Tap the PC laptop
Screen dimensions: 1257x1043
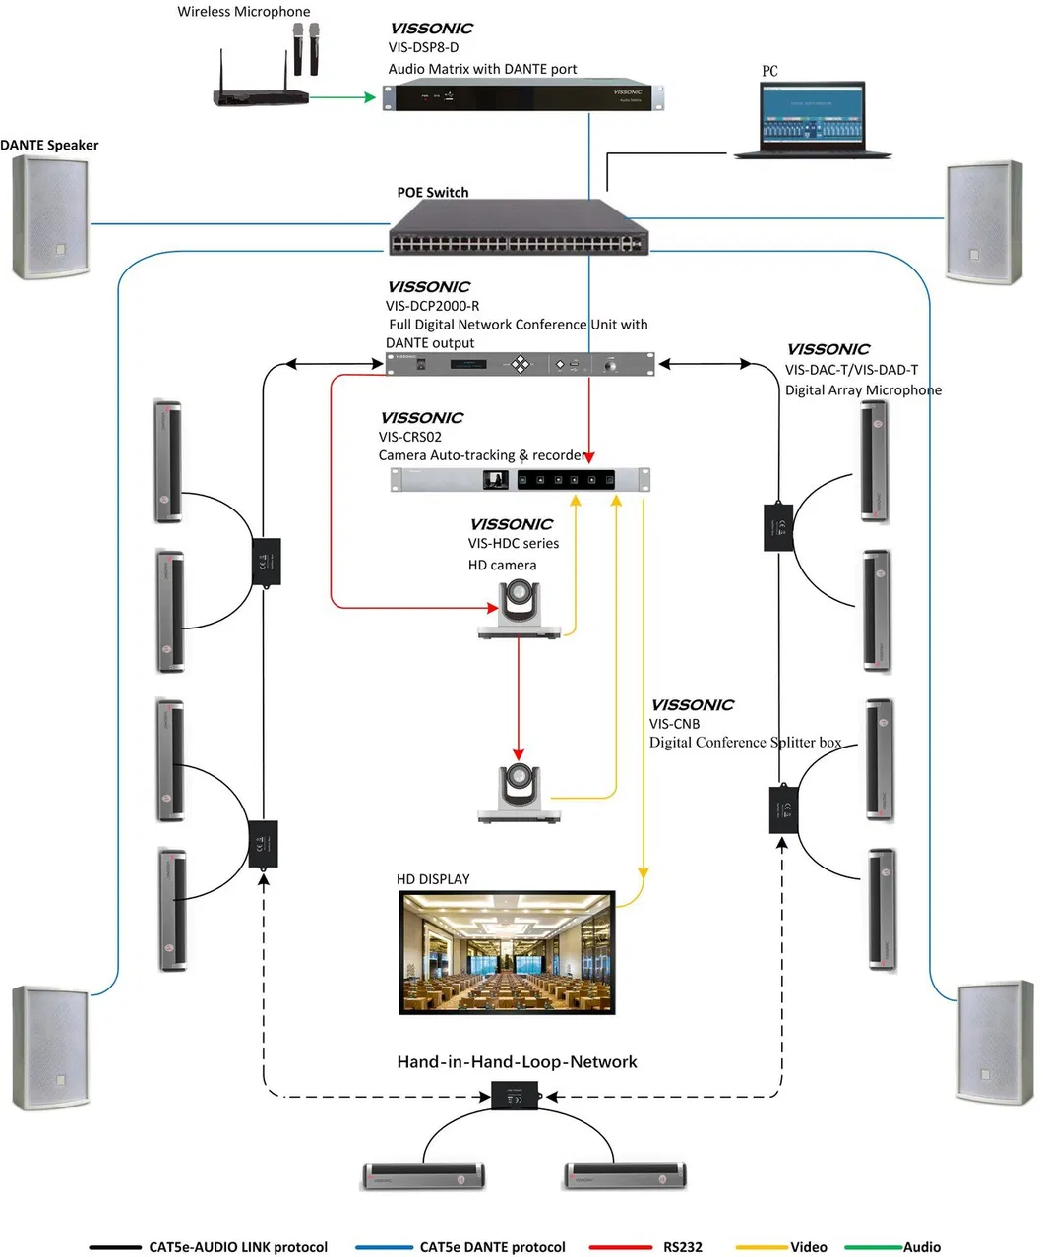pyautogui.click(x=813, y=120)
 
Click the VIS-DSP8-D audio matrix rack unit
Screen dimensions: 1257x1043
pyautogui.click(x=524, y=95)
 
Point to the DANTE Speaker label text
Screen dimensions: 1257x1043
pyautogui.click(x=50, y=146)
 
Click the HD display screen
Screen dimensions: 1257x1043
pyautogui.click(x=507, y=952)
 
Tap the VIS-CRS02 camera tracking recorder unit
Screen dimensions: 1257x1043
pyautogui.click(x=521, y=479)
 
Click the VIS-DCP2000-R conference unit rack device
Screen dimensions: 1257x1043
pyautogui.click(x=521, y=364)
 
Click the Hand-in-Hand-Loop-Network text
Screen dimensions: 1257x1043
pyautogui.click(x=517, y=1062)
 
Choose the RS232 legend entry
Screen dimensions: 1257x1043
pyautogui.click(x=682, y=1247)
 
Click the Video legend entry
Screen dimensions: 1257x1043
pyautogui.click(x=808, y=1247)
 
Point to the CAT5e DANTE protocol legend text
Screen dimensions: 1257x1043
pyautogui.click(x=492, y=1247)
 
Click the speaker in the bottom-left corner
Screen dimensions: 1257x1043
pyautogui.click(x=50, y=1047)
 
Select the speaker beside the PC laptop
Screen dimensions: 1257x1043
pyautogui.click(x=983, y=222)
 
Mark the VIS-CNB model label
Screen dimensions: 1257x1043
pyautogui.click(x=675, y=724)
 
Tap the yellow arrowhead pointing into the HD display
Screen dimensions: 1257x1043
pyautogui.click(x=644, y=872)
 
